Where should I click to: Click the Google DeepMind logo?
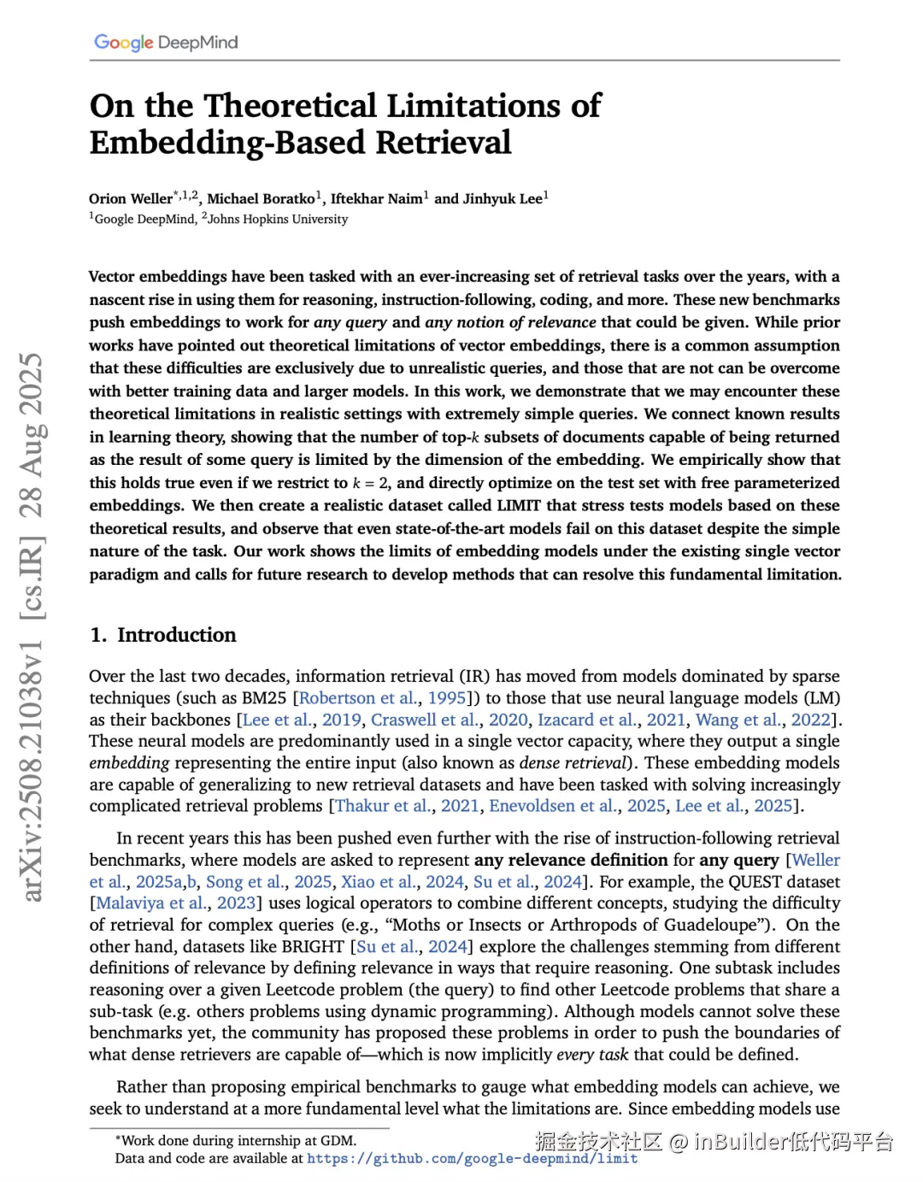166,42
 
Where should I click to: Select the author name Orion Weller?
131,198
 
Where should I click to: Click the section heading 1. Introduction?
163,634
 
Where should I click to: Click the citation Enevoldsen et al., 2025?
577,805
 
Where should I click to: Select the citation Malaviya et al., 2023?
176,903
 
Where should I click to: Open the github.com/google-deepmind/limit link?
473,1158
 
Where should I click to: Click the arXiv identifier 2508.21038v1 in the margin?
32,770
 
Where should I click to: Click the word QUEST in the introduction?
726,881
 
